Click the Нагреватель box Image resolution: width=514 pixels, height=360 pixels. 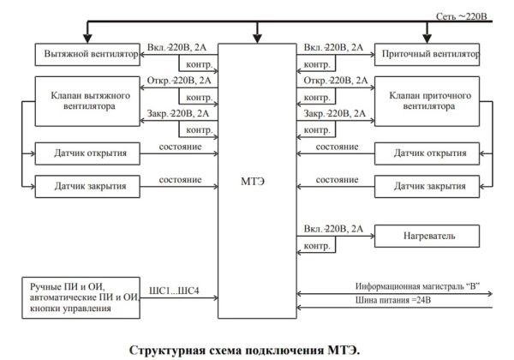[x=426, y=235]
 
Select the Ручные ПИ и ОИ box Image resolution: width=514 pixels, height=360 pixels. [x=84, y=296]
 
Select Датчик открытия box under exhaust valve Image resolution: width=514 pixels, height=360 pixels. [x=90, y=153]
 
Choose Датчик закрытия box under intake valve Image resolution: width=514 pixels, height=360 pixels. [x=426, y=185]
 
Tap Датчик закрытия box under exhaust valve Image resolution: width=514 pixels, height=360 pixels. [x=90, y=185]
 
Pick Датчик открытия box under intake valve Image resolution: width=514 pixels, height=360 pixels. [x=426, y=154]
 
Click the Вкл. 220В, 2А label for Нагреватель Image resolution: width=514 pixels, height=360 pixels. [x=333, y=229]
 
